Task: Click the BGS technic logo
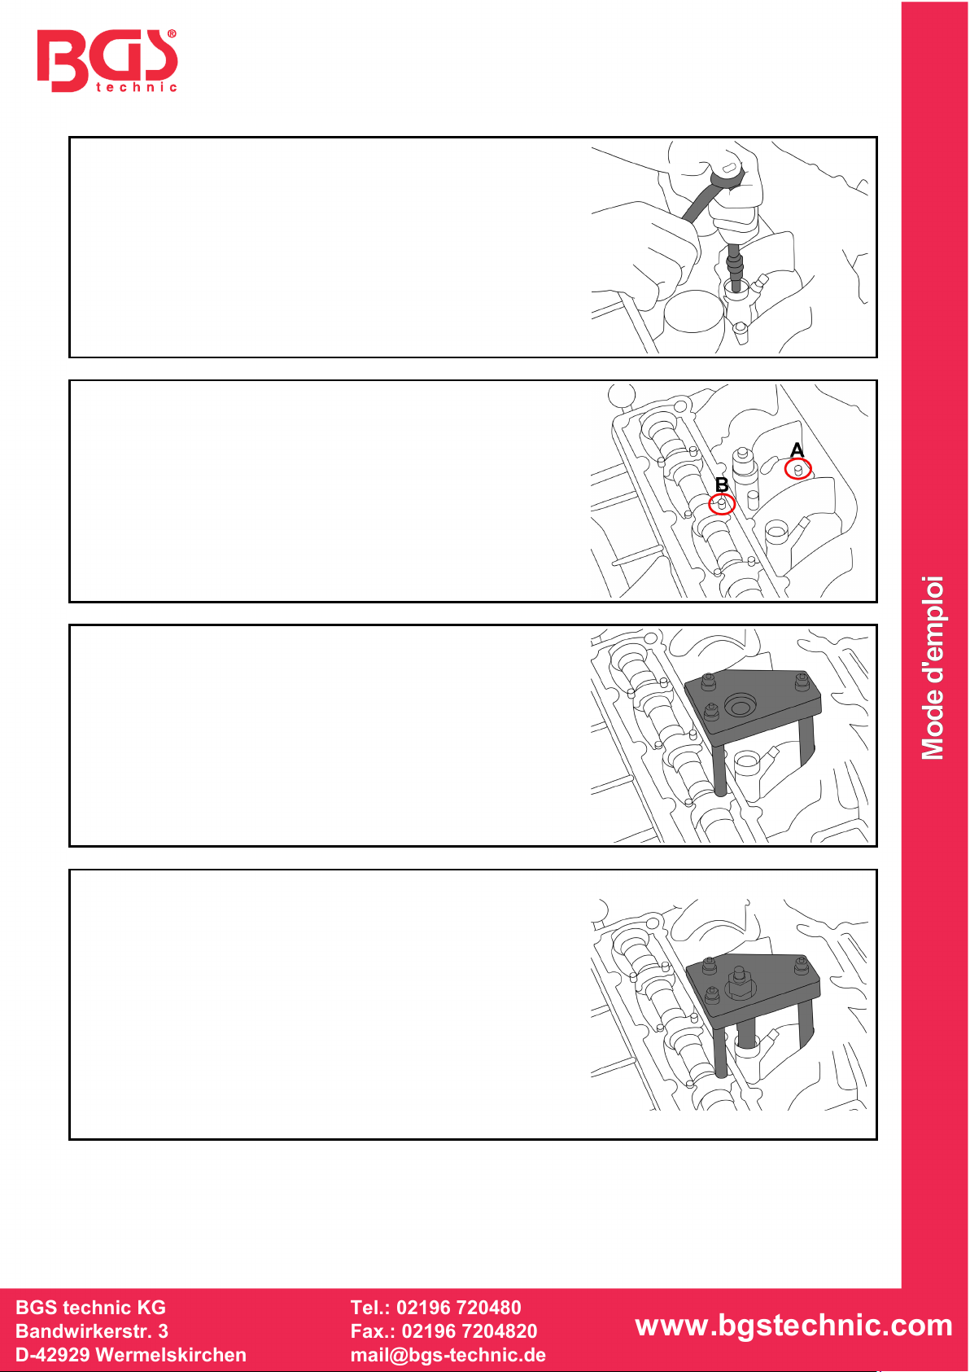click(107, 60)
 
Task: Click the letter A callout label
click(797, 450)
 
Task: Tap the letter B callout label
click(722, 485)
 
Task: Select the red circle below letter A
click(798, 469)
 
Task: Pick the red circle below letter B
click(722, 505)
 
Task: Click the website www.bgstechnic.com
click(793, 1326)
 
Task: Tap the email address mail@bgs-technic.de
click(448, 1356)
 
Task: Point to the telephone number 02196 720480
click(459, 1308)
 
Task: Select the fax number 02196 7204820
click(470, 1331)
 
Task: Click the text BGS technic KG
click(90, 1308)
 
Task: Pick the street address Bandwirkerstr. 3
click(92, 1331)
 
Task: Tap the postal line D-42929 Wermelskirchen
click(131, 1355)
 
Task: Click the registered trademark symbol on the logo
click(172, 34)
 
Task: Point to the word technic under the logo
click(137, 87)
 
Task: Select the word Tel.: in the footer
click(371, 1308)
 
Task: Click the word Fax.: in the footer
click(374, 1331)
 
